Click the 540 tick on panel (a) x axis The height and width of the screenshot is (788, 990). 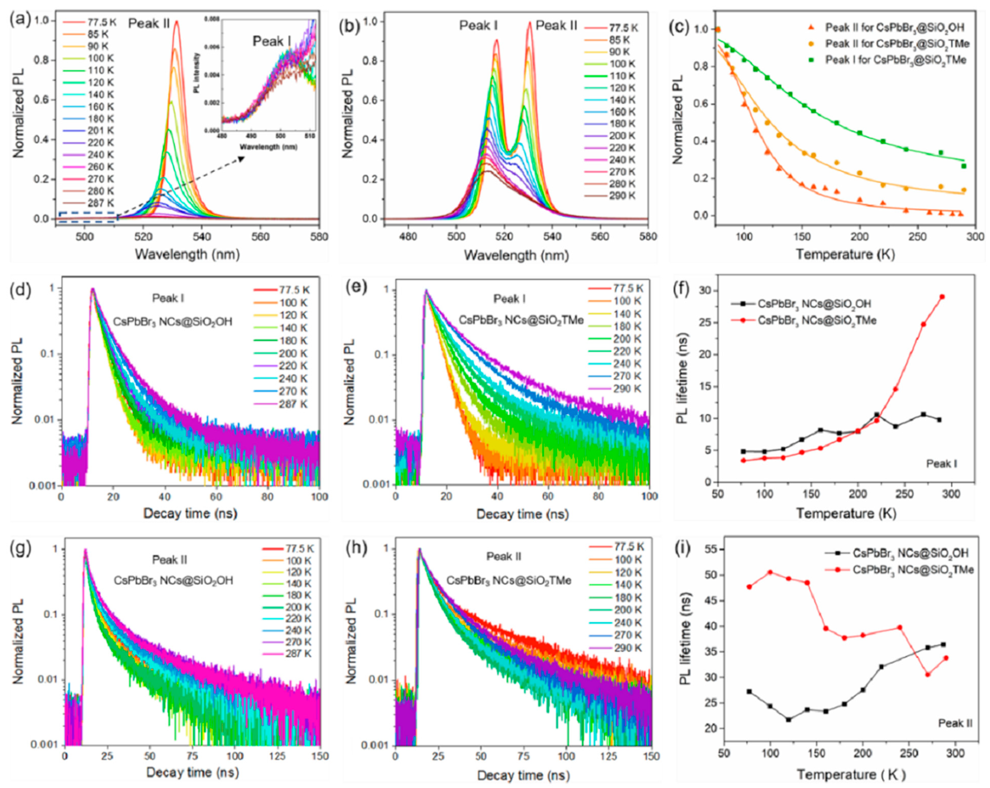click(202, 237)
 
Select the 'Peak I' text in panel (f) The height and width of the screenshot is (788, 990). click(941, 464)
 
